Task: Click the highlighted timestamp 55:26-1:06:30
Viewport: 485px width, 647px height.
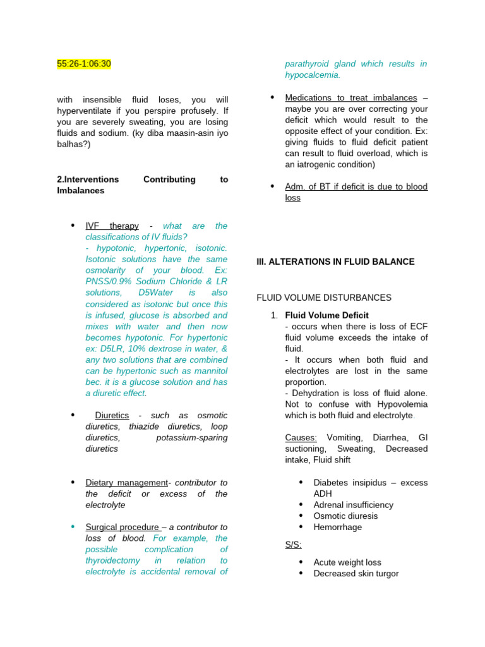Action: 84,64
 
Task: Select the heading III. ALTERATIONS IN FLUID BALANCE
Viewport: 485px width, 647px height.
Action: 335,262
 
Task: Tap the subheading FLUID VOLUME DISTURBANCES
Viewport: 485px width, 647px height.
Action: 324,297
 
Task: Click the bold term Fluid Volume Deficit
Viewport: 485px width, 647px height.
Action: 326,315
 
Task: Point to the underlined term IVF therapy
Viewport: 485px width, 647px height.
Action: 112,226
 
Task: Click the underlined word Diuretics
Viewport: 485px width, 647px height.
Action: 112,415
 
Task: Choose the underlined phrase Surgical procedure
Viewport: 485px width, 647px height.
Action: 123,527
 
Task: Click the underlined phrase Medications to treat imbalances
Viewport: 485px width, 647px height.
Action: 350,98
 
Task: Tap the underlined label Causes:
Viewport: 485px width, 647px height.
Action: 301,437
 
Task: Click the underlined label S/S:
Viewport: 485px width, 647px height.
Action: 293,544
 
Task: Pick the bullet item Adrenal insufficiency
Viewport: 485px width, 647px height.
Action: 353,505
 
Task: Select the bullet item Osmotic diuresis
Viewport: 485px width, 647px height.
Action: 345,516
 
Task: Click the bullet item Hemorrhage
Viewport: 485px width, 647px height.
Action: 338,527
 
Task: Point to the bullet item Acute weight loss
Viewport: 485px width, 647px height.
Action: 347,562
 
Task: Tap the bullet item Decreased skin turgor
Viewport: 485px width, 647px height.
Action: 356,573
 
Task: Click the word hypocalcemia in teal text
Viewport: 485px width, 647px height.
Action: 312,75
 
